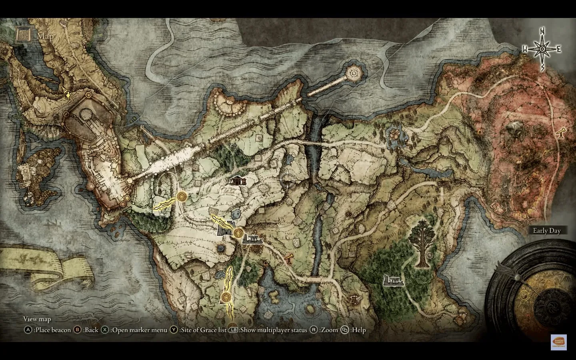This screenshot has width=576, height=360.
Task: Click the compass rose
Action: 542,49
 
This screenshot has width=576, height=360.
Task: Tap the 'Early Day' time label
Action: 546,230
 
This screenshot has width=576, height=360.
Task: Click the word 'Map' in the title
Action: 45,36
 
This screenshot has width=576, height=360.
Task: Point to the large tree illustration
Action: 422,243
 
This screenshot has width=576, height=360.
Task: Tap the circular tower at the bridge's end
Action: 354,73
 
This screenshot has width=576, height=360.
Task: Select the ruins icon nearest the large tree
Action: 394,280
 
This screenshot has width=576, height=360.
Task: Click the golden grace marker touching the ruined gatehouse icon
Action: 239,232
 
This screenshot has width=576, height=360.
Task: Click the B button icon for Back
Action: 79,330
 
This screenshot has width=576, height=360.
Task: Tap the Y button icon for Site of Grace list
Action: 174,330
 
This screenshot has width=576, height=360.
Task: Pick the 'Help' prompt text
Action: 358,330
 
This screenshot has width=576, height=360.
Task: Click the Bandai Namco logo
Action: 558,342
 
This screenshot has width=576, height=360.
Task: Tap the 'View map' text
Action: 37,319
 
